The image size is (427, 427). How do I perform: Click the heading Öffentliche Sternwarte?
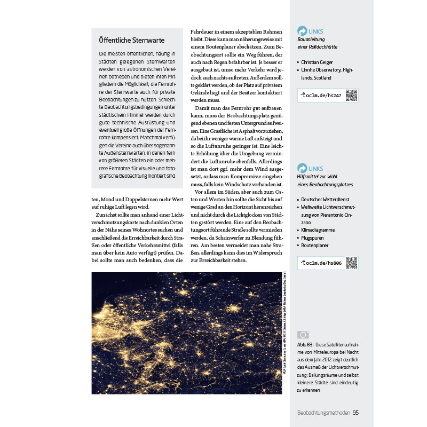132,40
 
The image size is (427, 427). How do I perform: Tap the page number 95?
355,412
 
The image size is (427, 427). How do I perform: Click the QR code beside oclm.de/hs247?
351,95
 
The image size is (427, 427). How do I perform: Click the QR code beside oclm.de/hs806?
351,263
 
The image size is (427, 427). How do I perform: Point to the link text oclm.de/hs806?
320,263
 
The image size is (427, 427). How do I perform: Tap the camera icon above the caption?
303,335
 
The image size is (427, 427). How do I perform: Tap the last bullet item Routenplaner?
315,245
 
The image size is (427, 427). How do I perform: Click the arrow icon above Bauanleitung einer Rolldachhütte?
303,31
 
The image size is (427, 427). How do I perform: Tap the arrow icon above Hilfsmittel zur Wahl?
303,168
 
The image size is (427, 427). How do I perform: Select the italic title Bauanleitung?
311,39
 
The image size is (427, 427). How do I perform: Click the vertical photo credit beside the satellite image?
286,326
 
